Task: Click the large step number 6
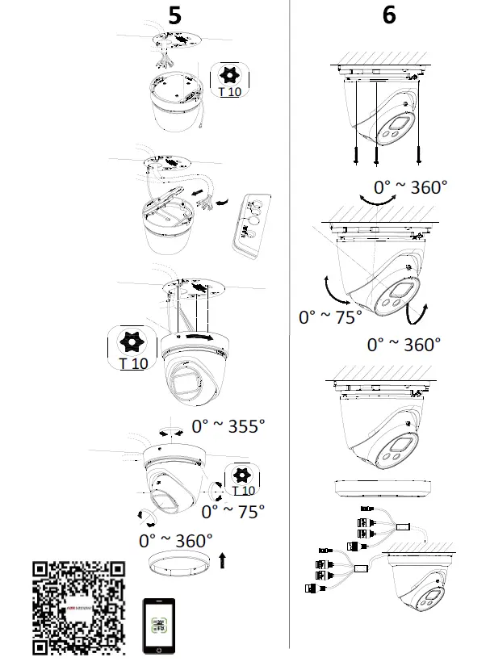pos(389,15)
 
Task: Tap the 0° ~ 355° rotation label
pos(228,425)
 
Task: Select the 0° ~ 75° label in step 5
pos(232,511)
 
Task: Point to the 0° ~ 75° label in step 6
pos(331,317)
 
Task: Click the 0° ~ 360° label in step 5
pos(175,539)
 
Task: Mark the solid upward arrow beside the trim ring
pos(224,559)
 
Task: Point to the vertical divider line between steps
pos(290,323)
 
